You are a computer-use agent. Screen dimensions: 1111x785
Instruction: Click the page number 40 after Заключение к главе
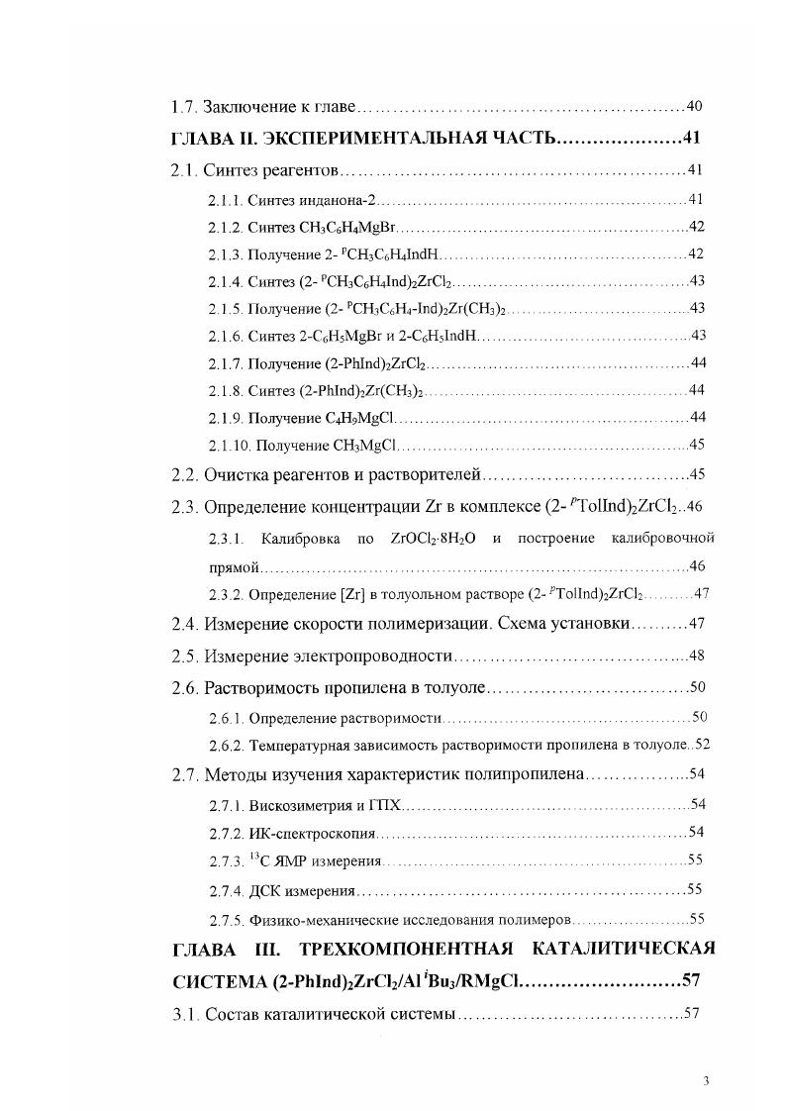click(694, 106)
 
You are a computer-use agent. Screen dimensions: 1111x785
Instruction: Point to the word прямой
click(234, 566)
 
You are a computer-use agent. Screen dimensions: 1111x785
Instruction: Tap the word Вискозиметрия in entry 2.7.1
click(297, 803)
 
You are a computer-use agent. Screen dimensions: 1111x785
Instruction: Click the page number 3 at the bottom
click(706, 1080)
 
